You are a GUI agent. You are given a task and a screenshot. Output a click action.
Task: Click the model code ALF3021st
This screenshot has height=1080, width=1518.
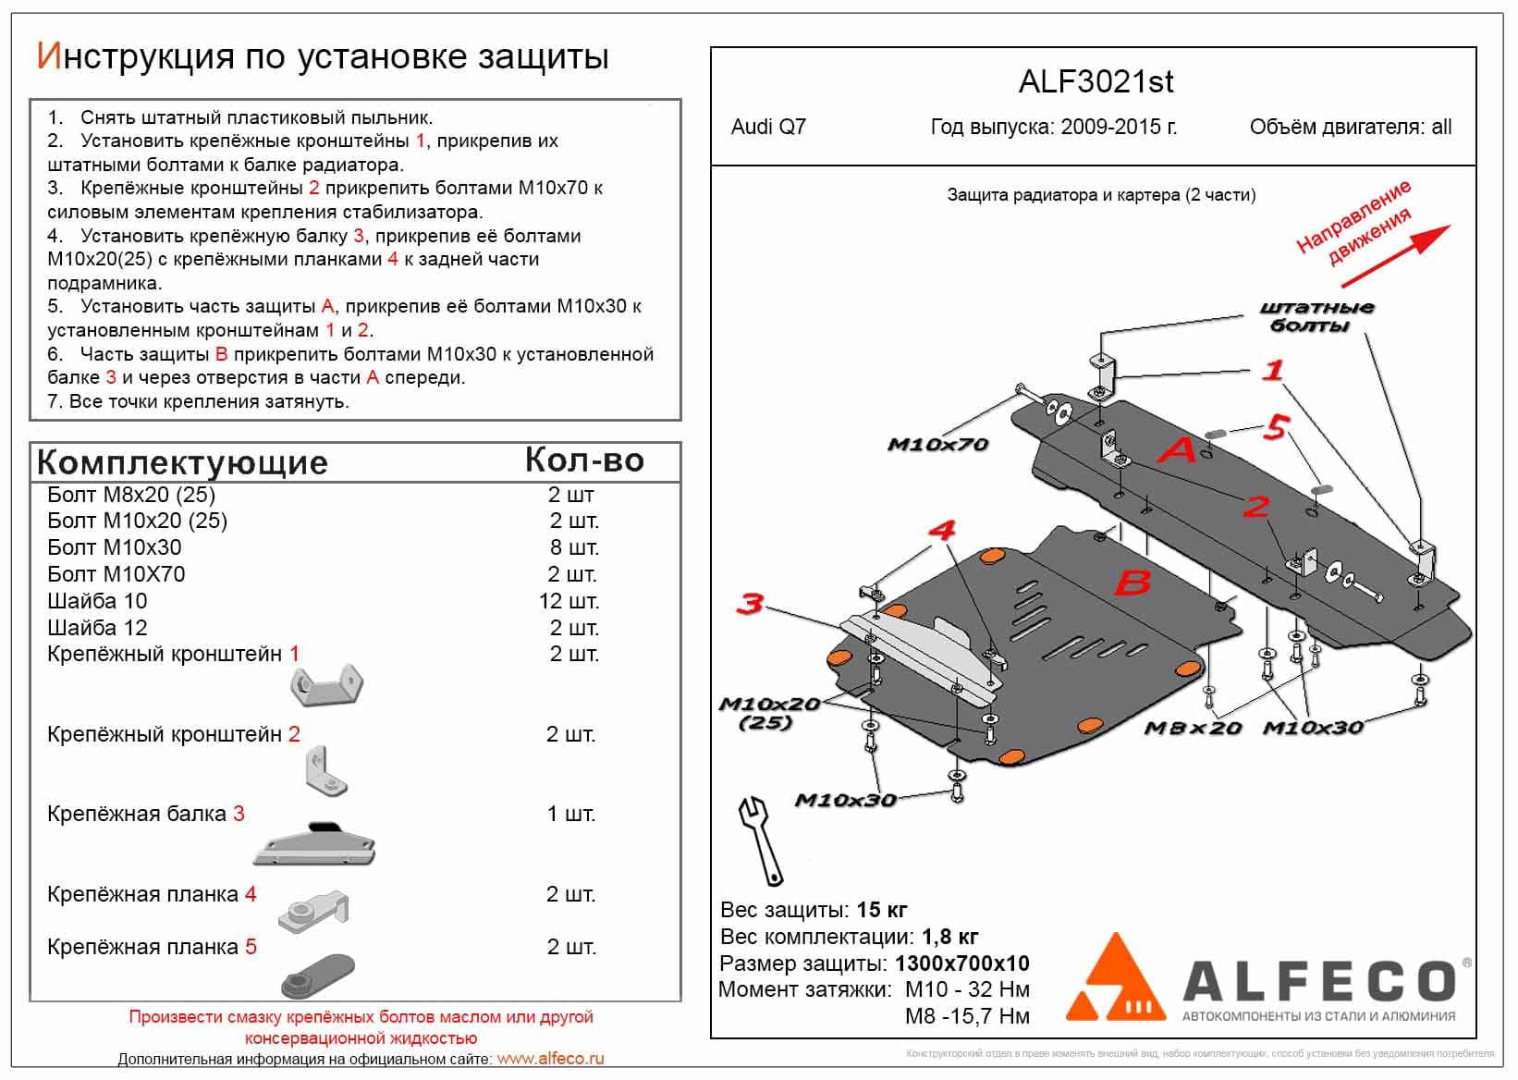point(1096,81)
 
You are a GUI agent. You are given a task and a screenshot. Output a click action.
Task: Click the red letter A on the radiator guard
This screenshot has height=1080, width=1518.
point(1178,450)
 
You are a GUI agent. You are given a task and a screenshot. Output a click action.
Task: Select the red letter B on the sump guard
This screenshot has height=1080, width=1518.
point(1132,583)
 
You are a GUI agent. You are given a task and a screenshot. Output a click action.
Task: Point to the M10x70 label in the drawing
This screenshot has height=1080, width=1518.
point(937,445)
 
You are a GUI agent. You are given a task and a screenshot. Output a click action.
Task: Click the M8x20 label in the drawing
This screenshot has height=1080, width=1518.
point(1193,728)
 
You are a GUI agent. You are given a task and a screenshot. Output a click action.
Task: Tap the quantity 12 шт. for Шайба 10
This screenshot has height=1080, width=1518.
point(569,601)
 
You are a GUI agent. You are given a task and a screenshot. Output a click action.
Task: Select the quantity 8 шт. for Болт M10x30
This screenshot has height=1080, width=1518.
point(574,547)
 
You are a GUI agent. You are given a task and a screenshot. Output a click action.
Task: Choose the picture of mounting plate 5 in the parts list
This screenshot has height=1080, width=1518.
point(316,975)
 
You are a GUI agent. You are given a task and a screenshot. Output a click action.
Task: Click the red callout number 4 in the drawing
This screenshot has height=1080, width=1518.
point(941,531)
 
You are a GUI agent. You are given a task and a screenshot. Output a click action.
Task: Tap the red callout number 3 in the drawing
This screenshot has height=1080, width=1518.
point(749,605)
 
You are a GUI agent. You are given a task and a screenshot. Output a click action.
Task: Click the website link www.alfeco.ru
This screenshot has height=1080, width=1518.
point(550,1059)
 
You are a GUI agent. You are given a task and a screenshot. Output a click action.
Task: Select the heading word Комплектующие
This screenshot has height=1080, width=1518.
point(182,462)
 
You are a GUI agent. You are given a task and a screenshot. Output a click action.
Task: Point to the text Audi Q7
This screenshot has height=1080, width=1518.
point(768,127)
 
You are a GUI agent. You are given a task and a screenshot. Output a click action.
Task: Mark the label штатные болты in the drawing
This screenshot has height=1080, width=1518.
point(1316,316)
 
